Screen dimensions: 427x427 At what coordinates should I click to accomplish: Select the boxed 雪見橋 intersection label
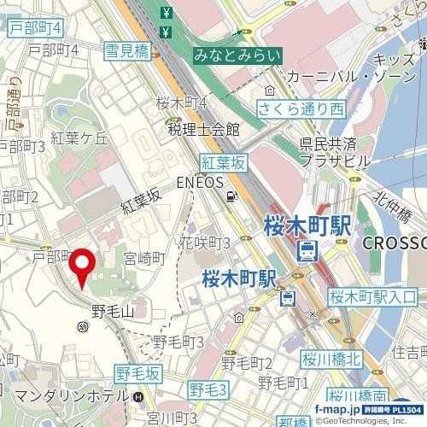coord(126,52)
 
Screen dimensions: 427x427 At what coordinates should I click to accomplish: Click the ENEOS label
coord(200,183)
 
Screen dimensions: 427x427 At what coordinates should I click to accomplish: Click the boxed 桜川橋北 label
coord(331,359)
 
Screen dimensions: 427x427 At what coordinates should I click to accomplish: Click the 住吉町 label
coord(408,351)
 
